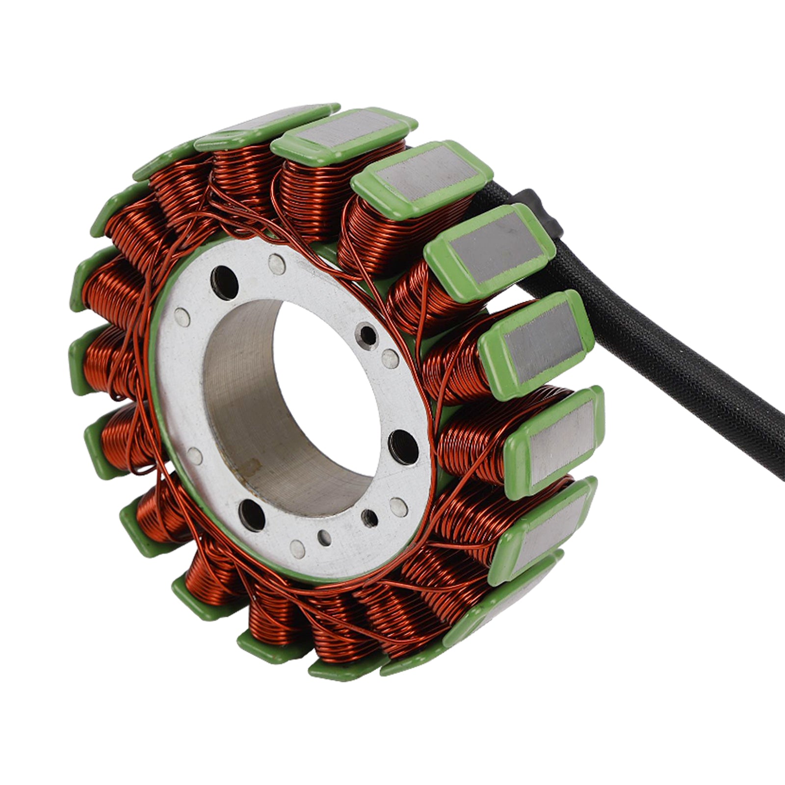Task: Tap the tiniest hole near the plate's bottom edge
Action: pyautogui.click(x=322, y=536)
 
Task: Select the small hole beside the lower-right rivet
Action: pyautogui.click(x=369, y=516)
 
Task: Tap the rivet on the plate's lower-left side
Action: pyautogui.click(x=195, y=456)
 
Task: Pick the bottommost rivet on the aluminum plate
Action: pyautogui.click(x=297, y=547)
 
